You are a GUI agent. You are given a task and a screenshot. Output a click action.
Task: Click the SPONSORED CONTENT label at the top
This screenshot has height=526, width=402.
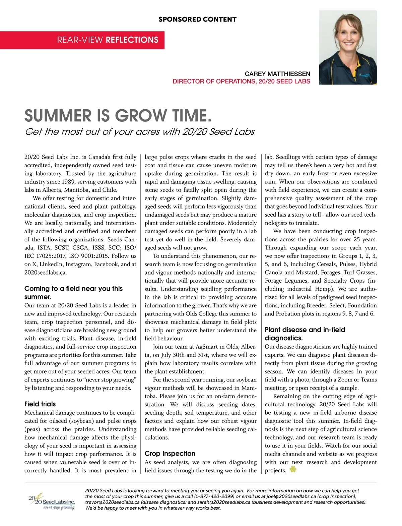click(x=197, y=19)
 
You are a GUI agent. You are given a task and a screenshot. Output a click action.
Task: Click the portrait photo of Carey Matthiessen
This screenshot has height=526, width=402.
click(x=348, y=47)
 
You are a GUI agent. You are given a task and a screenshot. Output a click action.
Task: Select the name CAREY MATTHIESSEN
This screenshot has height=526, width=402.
click(x=277, y=74)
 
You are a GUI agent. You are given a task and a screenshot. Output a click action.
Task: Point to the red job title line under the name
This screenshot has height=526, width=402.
click(x=241, y=81)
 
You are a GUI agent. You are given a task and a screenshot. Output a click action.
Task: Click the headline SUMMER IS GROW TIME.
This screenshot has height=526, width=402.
click(x=118, y=116)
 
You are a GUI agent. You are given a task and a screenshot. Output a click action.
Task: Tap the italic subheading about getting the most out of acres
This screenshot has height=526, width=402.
click(x=140, y=131)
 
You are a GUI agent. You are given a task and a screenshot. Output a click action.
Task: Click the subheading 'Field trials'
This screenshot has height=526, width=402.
click(x=40, y=404)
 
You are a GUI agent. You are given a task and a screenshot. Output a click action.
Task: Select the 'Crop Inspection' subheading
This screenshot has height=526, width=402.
click(x=170, y=454)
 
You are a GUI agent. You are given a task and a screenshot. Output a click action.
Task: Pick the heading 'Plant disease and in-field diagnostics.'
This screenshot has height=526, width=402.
click(x=305, y=334)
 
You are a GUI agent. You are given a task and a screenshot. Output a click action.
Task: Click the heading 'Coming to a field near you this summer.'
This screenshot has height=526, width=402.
click(x=73, y=293)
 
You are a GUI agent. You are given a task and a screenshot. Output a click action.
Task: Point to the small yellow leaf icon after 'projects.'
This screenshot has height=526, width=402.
click(x=293, y=470)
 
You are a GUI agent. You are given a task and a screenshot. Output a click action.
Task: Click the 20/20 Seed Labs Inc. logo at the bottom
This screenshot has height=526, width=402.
click(x=52, y=502)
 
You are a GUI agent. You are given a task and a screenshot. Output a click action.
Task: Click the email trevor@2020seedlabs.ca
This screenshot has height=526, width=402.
click(x=112, y=502)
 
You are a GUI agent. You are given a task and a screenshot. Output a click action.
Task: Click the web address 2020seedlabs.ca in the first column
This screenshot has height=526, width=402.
click(x=45, y=272)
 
